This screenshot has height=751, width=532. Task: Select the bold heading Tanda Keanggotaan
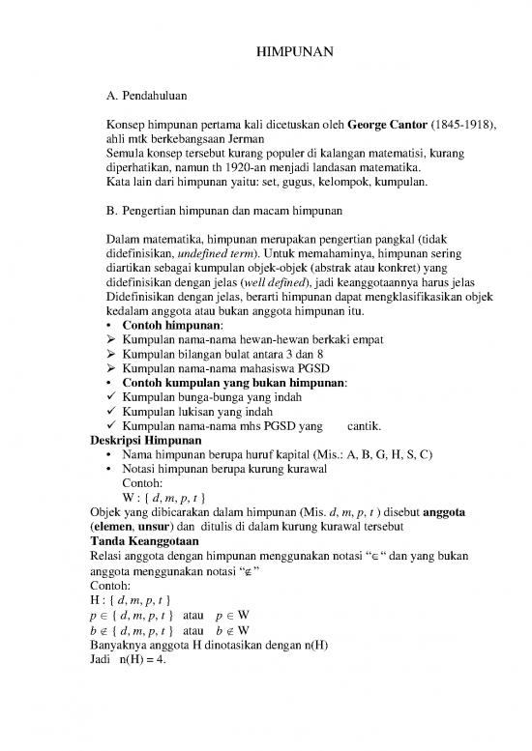130,539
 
